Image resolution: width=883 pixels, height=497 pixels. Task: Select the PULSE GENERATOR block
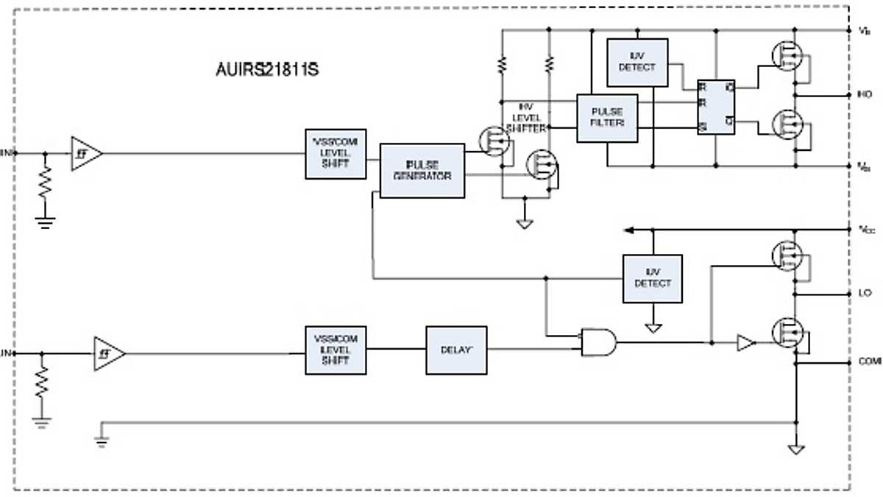[x=422, y=171]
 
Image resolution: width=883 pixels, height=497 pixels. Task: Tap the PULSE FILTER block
[x=607, y=118]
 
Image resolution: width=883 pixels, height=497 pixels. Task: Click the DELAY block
[x=456, y=350]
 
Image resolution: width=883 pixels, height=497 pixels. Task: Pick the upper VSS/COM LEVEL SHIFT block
[x=336, y=154]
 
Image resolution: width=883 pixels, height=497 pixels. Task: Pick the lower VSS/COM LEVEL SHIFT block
[x=336, y=350]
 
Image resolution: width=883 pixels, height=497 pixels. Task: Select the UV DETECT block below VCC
[x=652, y=278]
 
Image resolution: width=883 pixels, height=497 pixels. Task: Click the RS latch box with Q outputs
[x=717, y=107]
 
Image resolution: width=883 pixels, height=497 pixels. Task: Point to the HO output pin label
[x=865, y=95]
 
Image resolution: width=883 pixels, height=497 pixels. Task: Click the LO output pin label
[x=865, y=293]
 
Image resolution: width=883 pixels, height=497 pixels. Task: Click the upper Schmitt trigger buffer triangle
[x=85, y=154]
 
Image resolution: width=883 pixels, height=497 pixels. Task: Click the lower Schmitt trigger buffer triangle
[x=107, y=354]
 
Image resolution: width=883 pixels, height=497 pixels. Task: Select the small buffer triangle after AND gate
[x=745, y=342]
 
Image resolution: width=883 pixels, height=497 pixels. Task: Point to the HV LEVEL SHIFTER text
[x=530, y=117]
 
